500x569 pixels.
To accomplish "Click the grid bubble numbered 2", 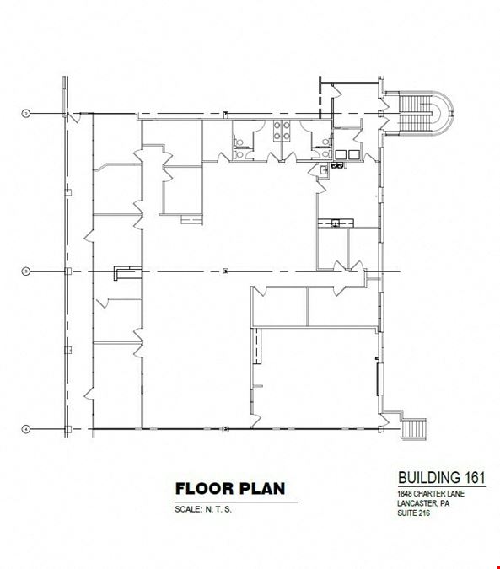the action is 26,114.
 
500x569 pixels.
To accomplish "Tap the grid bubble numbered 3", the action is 26,271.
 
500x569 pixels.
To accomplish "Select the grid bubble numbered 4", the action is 26,429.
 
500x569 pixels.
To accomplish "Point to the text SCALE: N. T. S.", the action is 203,509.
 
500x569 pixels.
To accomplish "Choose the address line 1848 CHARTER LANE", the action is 431,493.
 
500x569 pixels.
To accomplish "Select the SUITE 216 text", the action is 414,513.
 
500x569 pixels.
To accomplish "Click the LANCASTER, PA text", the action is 423,503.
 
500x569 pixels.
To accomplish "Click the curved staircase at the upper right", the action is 427,114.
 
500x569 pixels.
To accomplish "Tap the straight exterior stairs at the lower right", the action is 414,429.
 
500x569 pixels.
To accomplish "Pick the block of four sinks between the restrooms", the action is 282,131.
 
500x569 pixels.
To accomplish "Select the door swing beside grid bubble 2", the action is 75,117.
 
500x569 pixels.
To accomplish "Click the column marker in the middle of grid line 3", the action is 226,271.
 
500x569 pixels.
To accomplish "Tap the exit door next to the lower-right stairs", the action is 384,421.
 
